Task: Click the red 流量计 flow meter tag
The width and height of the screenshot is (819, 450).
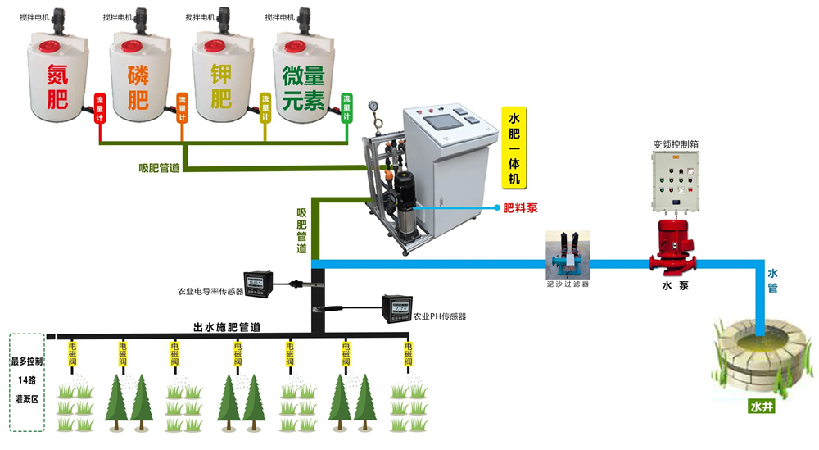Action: coord(100,108)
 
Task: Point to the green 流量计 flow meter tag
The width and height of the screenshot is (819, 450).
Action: coord(346,108)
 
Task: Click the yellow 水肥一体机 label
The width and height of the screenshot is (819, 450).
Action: coord(514,148)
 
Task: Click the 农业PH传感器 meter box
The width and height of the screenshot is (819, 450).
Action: coord(397,308)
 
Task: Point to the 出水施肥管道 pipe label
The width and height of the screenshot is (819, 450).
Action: coord(227,327)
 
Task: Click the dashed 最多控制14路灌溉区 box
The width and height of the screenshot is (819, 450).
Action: coord(27,381)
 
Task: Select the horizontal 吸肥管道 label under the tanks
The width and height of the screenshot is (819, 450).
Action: coord(159,167)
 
